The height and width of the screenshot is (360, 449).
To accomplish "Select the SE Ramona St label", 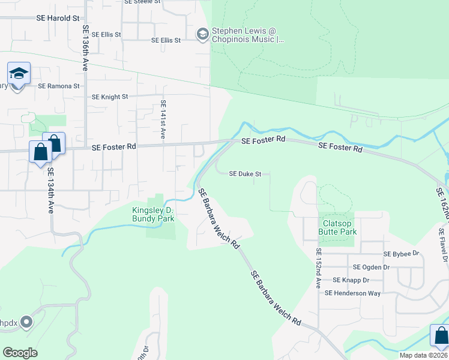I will pyautogui.click(x=59, y=86).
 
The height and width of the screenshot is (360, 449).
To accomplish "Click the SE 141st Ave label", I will pyautogui.click(x=163, y=119).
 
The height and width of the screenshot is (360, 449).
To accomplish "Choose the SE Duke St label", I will pyautogui.click(x=246, y=174).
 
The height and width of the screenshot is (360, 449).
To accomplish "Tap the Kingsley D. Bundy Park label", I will pyautogui.click(x=153, y=214).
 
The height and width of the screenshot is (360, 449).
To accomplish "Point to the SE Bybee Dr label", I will pyautogui.click(x=404, y=254).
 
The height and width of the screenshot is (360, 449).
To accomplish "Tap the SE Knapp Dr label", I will pyautogui.click(x=351, y=280).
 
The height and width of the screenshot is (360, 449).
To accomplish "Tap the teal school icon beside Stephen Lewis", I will pyautogui.click(x=202, y=34).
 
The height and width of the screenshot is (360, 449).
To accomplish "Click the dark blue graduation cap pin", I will pyautogui.click(x=19, y=74).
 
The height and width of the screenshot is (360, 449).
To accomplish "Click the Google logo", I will pyautogui.click(x=20, y=353).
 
